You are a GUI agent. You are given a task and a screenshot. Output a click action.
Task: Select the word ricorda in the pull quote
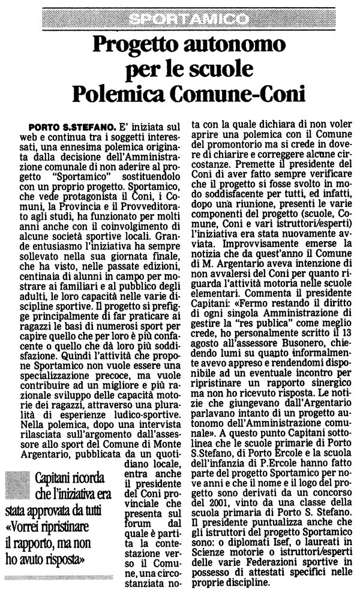(89, 480)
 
